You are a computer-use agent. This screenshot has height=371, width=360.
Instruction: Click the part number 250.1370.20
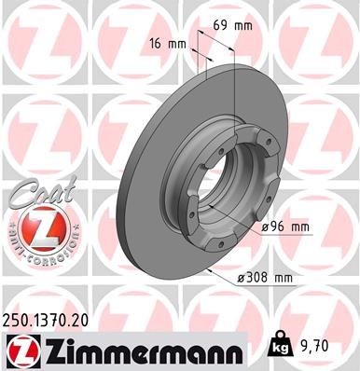50,319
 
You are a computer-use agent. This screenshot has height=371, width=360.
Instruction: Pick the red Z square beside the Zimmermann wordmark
21,350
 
